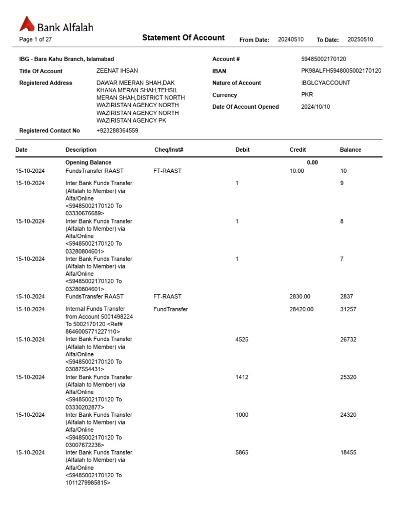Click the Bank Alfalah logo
coord(56,25)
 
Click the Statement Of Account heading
coord(183,37)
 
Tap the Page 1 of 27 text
coord(35,39)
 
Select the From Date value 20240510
coord(291,39)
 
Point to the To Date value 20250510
coord(360,39)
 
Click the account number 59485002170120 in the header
coord(323,59)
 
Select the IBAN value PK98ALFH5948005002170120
coord(341,71)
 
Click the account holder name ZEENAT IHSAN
coord(117,71)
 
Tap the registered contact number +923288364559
coord(117,131)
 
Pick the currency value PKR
coord(307,95)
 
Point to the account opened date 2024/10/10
coord(316,107)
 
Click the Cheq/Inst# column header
coord(169,150)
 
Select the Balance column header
coord(350,150)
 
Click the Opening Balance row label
coord(88,163)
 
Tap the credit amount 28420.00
coord(302,309)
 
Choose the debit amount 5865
coord(242,453)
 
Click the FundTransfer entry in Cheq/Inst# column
coord(170,309)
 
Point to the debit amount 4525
coord(242,339)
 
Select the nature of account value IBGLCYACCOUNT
coord(326,83)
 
